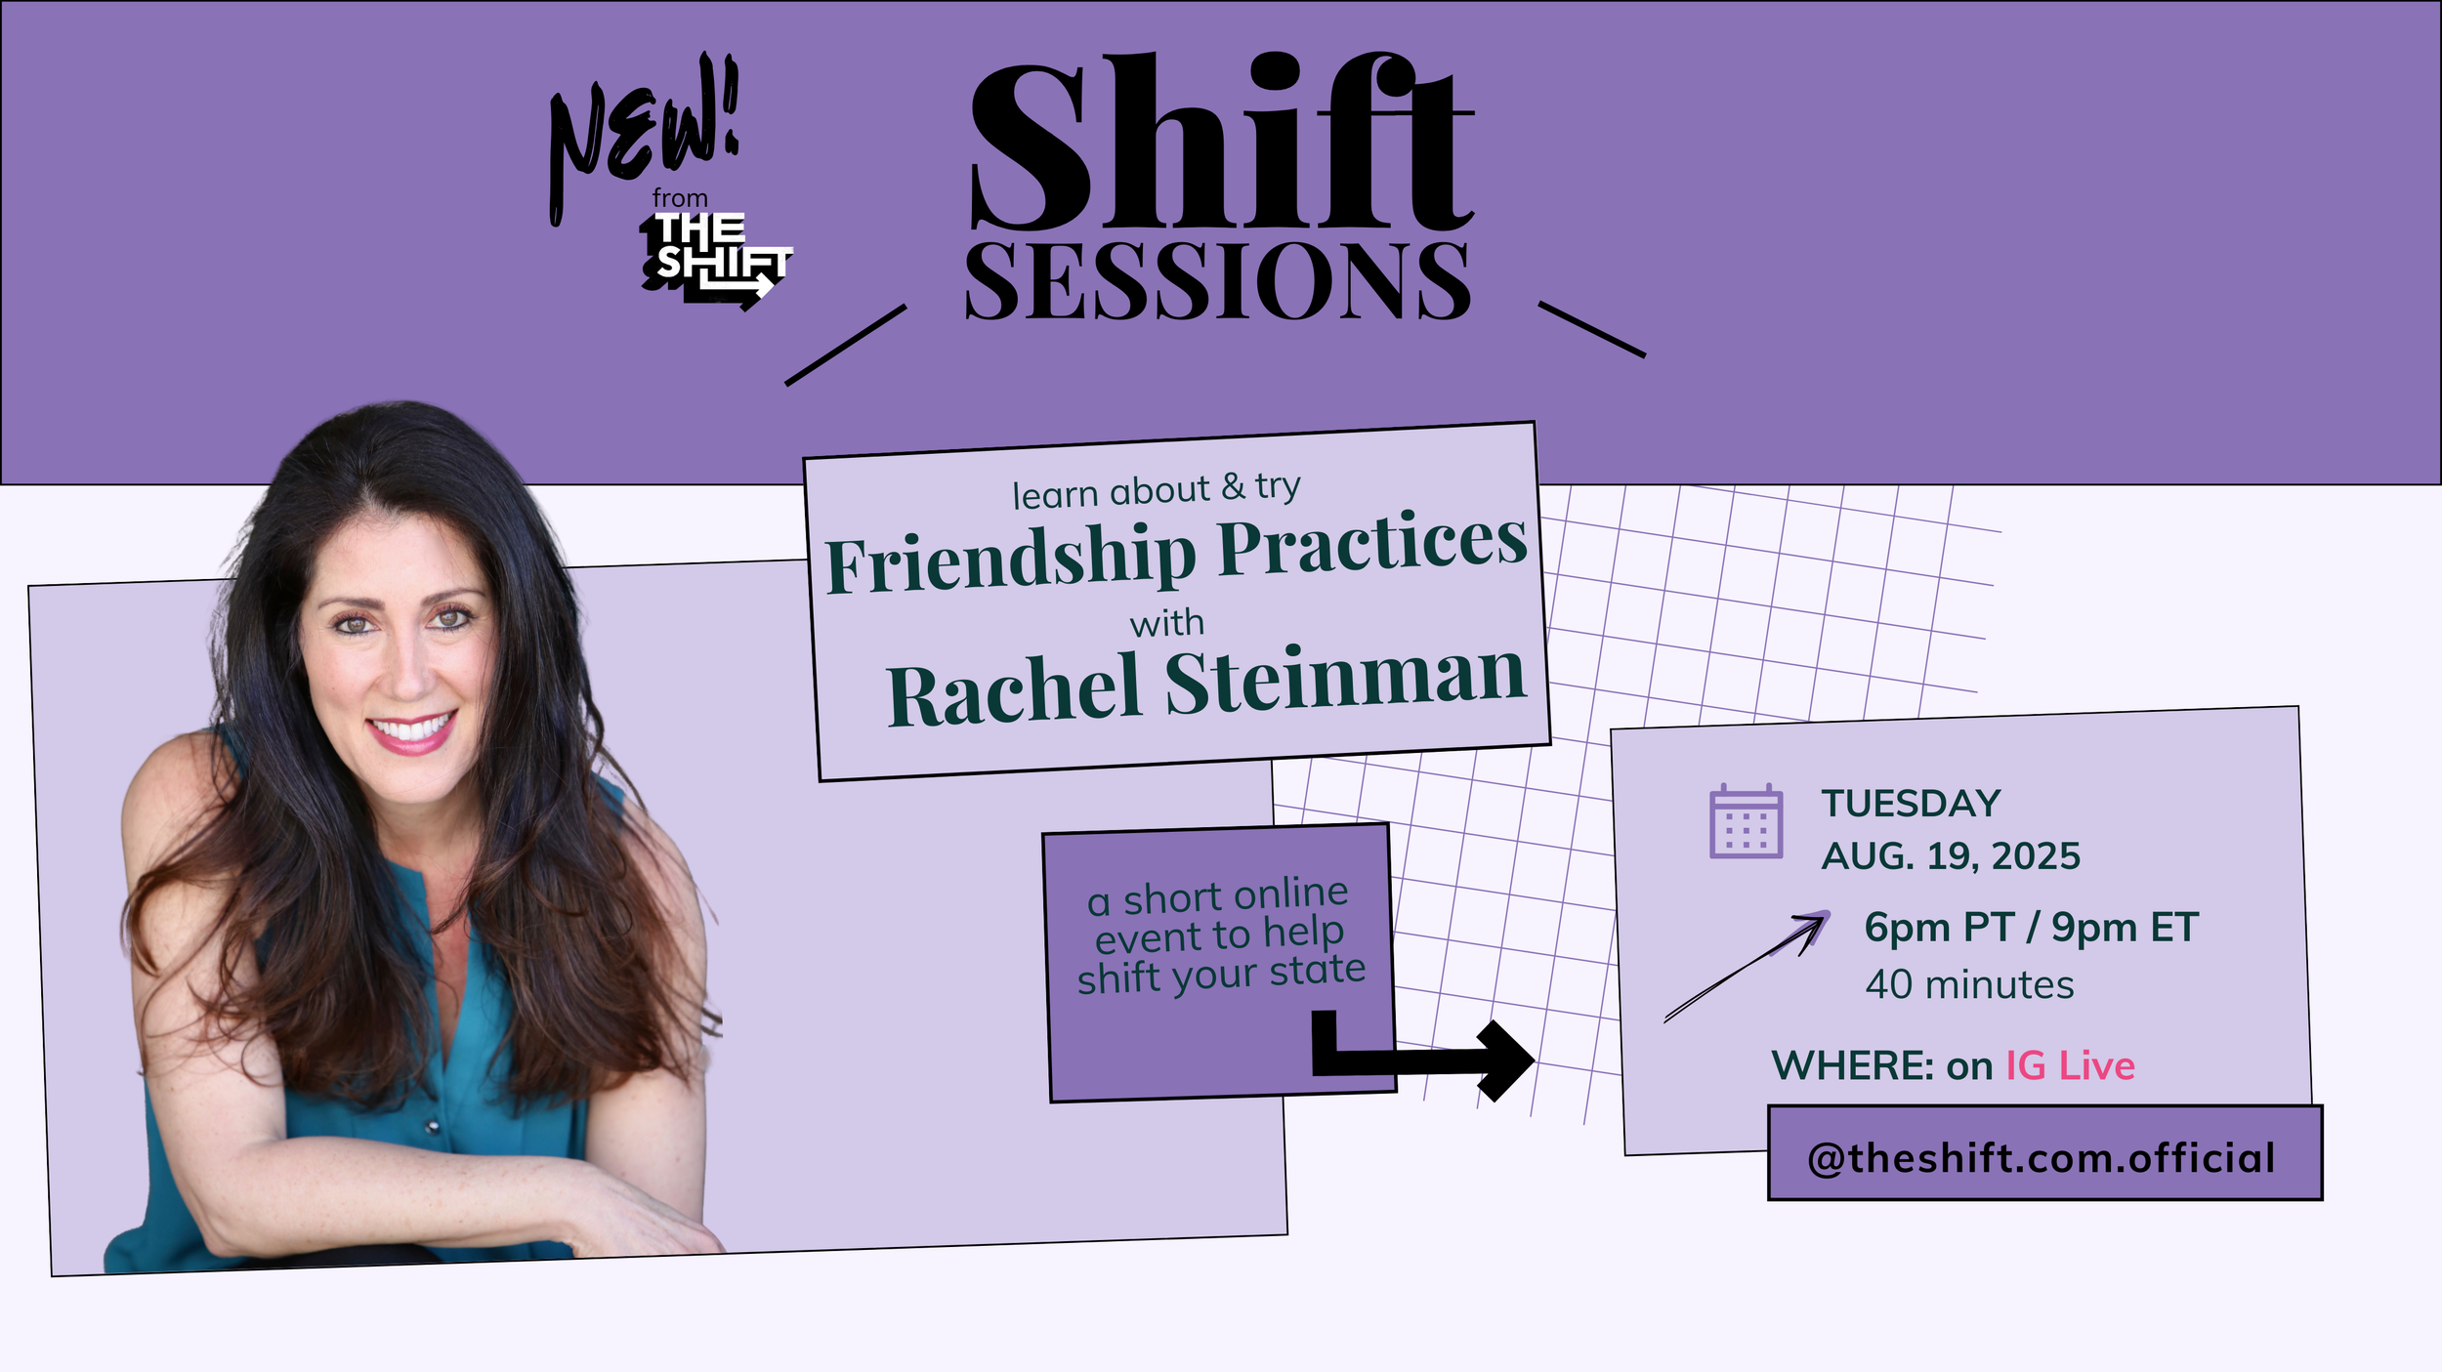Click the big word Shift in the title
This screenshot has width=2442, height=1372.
(x=1221, y=142)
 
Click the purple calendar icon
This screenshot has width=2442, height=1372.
(x=1746, y=821)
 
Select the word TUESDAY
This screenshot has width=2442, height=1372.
(x=1911, y=804)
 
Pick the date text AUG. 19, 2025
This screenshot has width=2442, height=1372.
(x=1951, y=856)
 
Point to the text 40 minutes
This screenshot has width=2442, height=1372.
(x=1969, y=984)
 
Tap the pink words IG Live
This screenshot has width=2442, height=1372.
(x=2070, y=1065)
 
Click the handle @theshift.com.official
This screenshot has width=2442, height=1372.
(x=2041, y=1158)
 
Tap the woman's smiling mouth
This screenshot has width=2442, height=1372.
(x=413, y=730)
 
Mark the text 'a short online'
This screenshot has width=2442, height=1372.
(x=1217, y=896)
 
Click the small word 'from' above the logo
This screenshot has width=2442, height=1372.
(x=680, y=198)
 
